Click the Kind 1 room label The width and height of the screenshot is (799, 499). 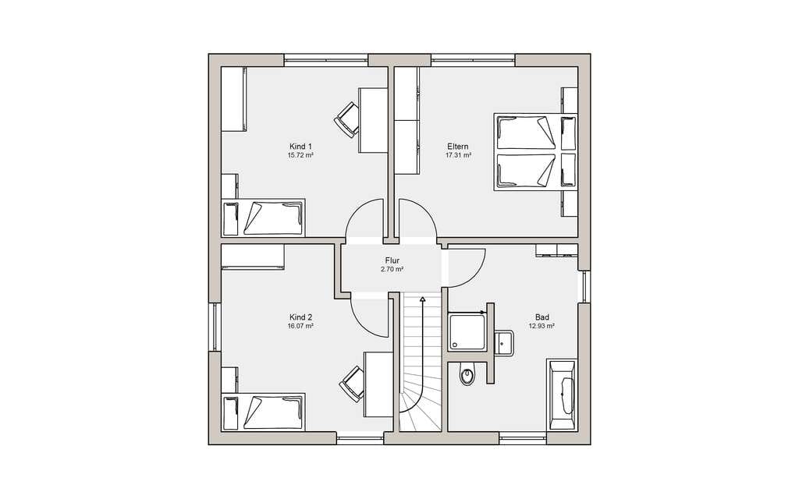pos(300,147)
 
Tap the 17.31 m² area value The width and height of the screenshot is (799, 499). pos(458,155)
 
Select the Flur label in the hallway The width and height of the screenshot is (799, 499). pos(392,260)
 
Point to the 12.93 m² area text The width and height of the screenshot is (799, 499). pos(542,326)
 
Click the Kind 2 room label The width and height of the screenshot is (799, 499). pos(300,317)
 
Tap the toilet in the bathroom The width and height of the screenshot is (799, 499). pos(467,373)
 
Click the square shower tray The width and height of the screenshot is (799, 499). pos(467,332)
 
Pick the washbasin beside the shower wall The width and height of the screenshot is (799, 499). pos(503,342)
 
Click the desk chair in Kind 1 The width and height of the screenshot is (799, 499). pos(347,119)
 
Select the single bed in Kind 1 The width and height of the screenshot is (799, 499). pos(264,218)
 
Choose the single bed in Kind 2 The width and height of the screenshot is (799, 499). pos(264,412)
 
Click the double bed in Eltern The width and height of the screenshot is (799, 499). pos(535,152)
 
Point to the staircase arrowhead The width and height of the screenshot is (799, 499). pos(422,299)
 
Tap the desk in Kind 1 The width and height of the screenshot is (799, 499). pos(374,119)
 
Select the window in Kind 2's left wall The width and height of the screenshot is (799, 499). pos(215,327)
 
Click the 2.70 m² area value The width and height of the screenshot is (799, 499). pos(392,270)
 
